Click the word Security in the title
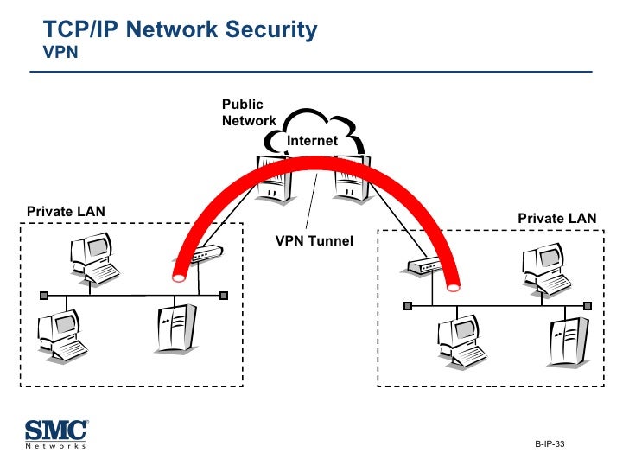click(x=272, y=30)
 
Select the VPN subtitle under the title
click(x=60, y=52)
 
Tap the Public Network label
click(x=248, y=113)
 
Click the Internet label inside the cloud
click(x=312, y=140)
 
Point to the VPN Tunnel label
click(x=314, y=241)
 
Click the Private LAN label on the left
click(x=66, y=211)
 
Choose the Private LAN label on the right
click(x=556, y=219)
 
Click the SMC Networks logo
click(x=56, y=433)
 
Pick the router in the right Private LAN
click(x=426, y=266)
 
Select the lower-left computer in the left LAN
click(x=61, y=335)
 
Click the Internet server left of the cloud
click(x=275, y=176)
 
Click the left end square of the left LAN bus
click(x=42, y=295)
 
